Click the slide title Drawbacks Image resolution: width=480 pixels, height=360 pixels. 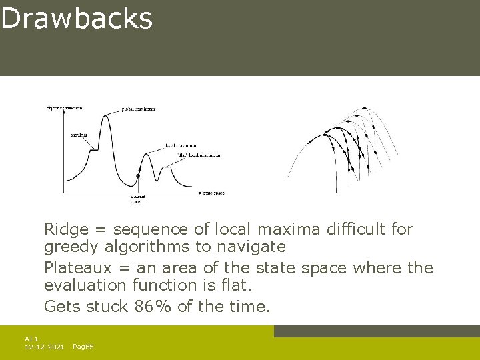(x=77, y=19)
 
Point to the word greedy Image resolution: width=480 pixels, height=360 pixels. (x=68, y=247)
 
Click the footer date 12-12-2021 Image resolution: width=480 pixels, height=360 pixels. (x=44, y=347)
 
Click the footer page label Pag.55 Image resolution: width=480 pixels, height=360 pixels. (x=83, y=347)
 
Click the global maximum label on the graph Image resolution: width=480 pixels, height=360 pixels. (x=139, y=109)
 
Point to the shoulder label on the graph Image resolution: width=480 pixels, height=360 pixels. (x=78, y=135)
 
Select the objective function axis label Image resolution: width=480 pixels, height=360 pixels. (x=64, y=107)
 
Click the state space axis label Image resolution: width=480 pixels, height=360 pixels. (x=214, y=193)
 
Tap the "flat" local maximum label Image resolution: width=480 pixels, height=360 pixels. (x=199, y=155)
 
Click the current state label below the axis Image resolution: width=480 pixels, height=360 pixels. (x=138, y=199)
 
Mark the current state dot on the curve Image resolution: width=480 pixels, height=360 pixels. (x=138, y=176)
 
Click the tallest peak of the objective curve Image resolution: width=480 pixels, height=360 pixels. (x=105, y=116)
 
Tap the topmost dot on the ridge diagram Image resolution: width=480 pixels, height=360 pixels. (x=364, y=108)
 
